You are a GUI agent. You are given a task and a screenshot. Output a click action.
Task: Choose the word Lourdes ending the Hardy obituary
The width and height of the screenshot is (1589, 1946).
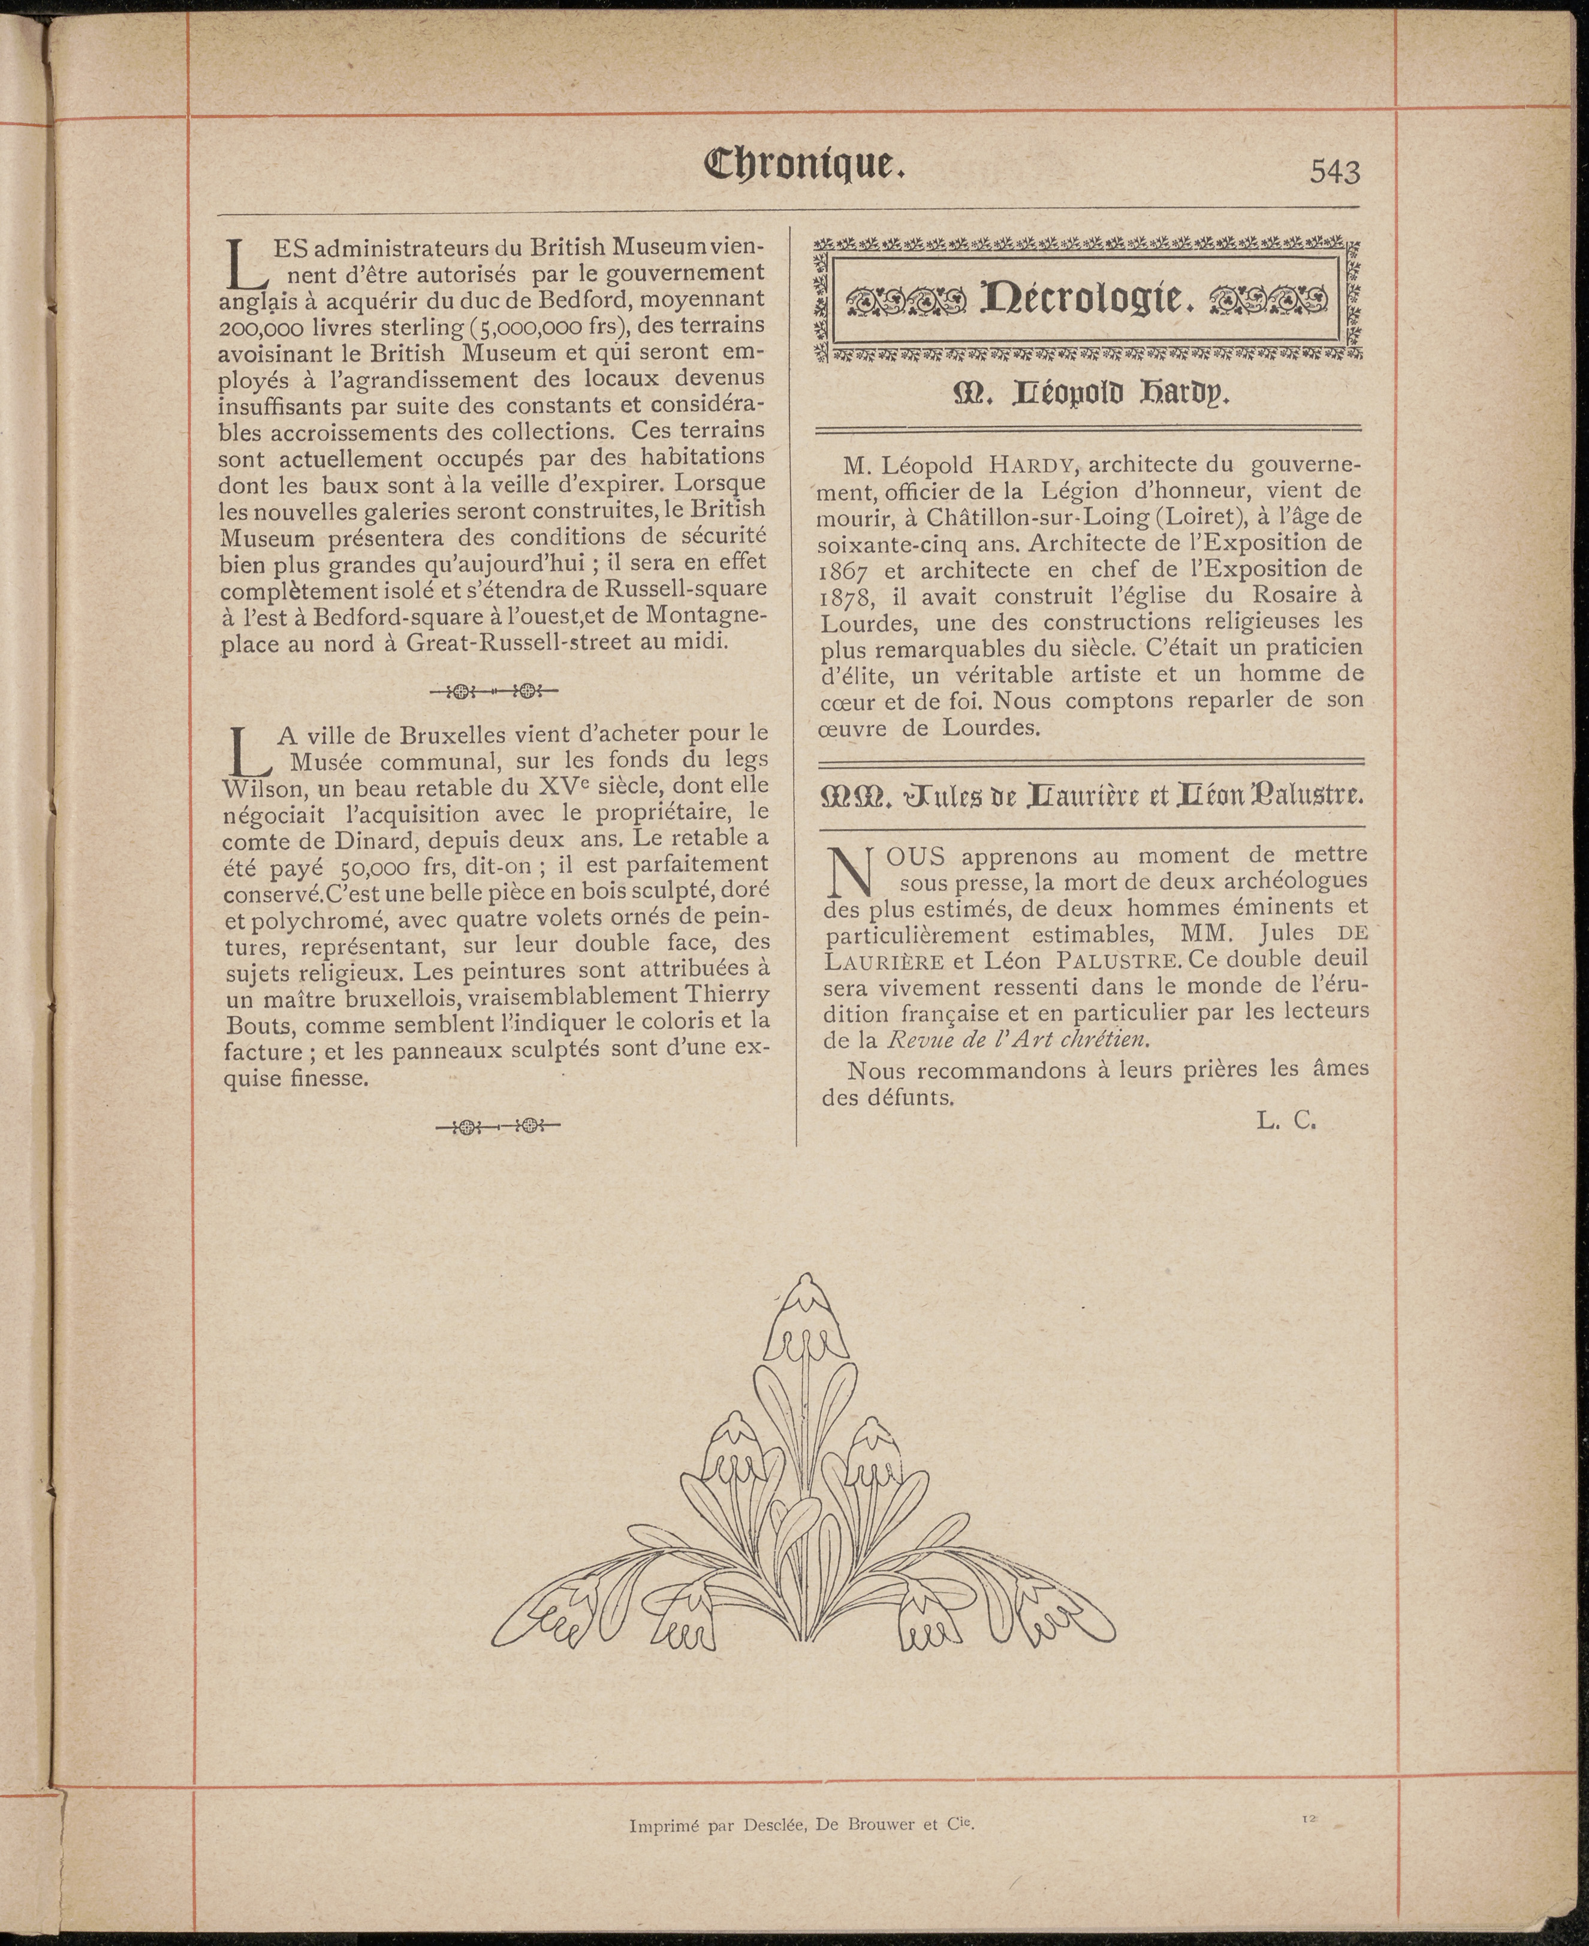tap(997, 728)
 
